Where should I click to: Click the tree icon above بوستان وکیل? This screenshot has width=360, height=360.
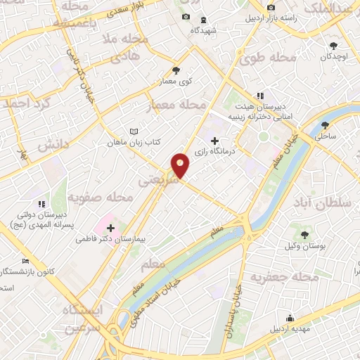(305, 235)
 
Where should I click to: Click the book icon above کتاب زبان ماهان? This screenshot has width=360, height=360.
(134, 131)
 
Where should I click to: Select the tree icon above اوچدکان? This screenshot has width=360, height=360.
(332, 44)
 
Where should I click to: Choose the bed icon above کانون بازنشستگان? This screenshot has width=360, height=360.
(26, 261)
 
